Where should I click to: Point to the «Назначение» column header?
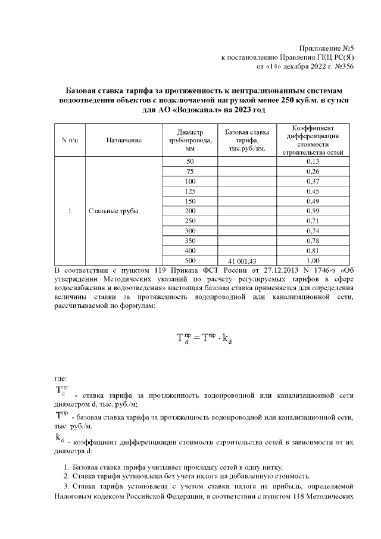pos(124,140)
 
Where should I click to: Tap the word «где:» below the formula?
pos(61,377)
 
